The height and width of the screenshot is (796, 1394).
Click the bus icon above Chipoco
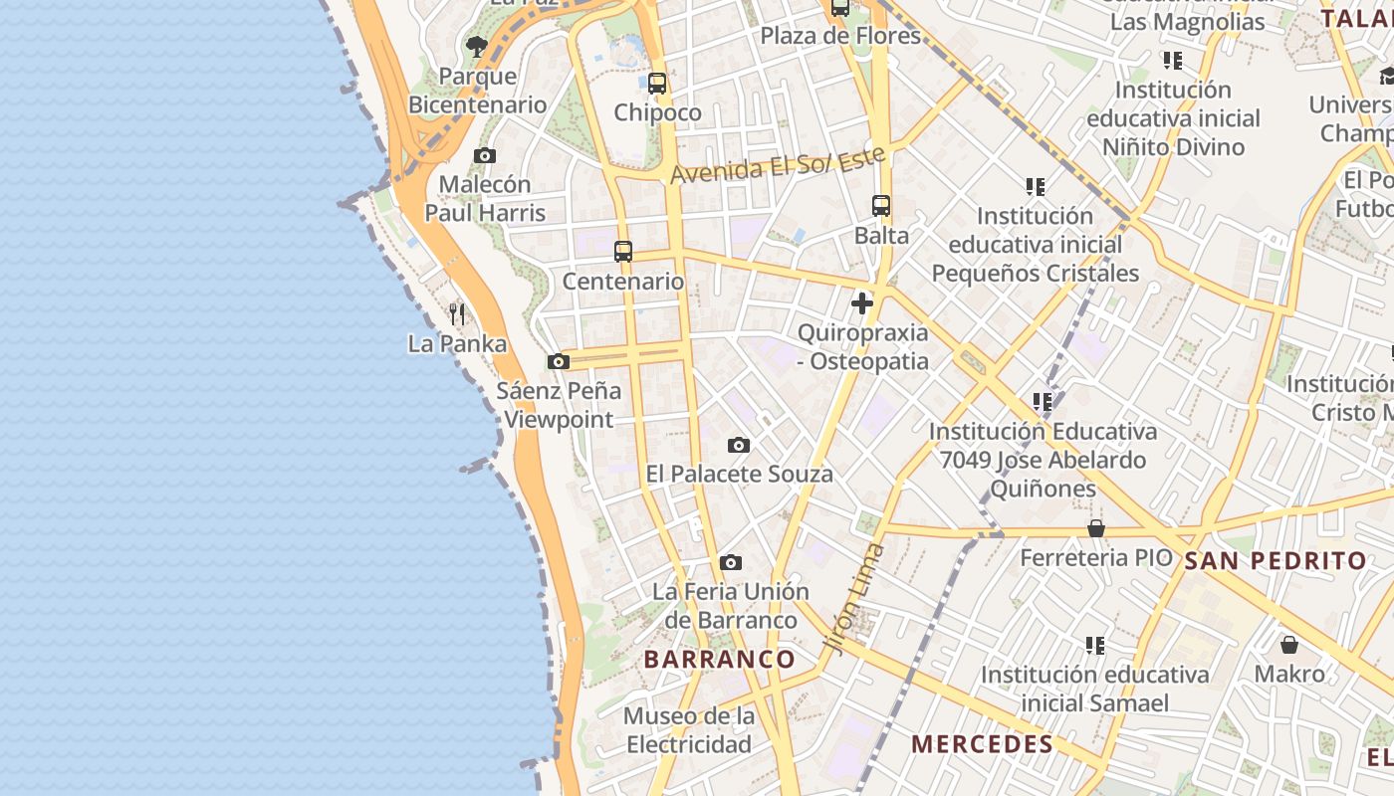[657, 84]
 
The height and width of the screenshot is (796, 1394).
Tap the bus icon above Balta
[881, 206]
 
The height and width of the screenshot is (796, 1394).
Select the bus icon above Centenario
[623, 252]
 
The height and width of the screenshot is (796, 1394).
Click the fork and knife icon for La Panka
[457, 314]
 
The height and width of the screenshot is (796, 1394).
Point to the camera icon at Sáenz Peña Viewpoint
[559, 361]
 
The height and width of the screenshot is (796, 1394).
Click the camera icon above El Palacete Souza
[739, 445]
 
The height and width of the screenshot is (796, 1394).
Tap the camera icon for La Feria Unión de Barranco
[731, 562]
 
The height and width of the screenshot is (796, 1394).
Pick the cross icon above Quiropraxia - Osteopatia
[862, 303]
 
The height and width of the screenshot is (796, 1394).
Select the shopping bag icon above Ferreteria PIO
[1096, 528]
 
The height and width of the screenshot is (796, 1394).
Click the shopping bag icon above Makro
[1289, 645]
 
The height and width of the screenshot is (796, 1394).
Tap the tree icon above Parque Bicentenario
[477, 46]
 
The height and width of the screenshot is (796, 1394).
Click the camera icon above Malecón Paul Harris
[485, 155]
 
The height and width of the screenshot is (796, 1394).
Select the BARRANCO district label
[720, 659]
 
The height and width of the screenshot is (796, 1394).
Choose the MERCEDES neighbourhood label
[982, 744]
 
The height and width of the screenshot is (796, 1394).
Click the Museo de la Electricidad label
[689, 730]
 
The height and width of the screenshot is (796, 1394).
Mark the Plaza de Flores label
[840, 36]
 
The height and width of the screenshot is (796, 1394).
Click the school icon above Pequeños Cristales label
[1036, 186]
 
